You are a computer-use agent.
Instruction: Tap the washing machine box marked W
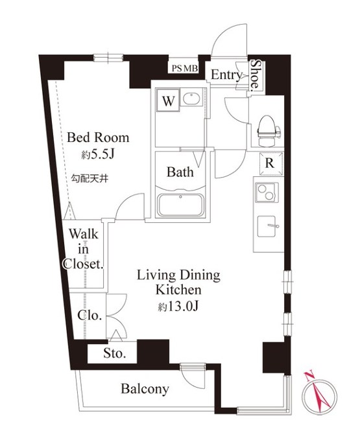168,100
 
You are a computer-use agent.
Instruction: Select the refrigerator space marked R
270,163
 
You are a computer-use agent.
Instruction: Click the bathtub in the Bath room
180,205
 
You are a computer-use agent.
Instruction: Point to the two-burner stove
266,193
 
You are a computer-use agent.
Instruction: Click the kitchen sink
267,226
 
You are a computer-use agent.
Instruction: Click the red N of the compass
309,376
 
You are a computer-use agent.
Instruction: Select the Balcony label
145,389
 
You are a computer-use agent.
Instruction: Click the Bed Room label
98,137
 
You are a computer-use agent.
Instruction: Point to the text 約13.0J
178,306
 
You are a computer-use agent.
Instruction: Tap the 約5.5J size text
98,155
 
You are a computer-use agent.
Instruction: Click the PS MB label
185,69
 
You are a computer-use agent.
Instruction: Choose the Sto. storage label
115,353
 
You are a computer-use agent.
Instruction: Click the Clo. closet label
90,315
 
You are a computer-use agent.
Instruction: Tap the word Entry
226,75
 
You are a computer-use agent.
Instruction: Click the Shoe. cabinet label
256,75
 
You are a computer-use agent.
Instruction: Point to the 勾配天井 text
90,178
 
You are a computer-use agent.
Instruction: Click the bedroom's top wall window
108,58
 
